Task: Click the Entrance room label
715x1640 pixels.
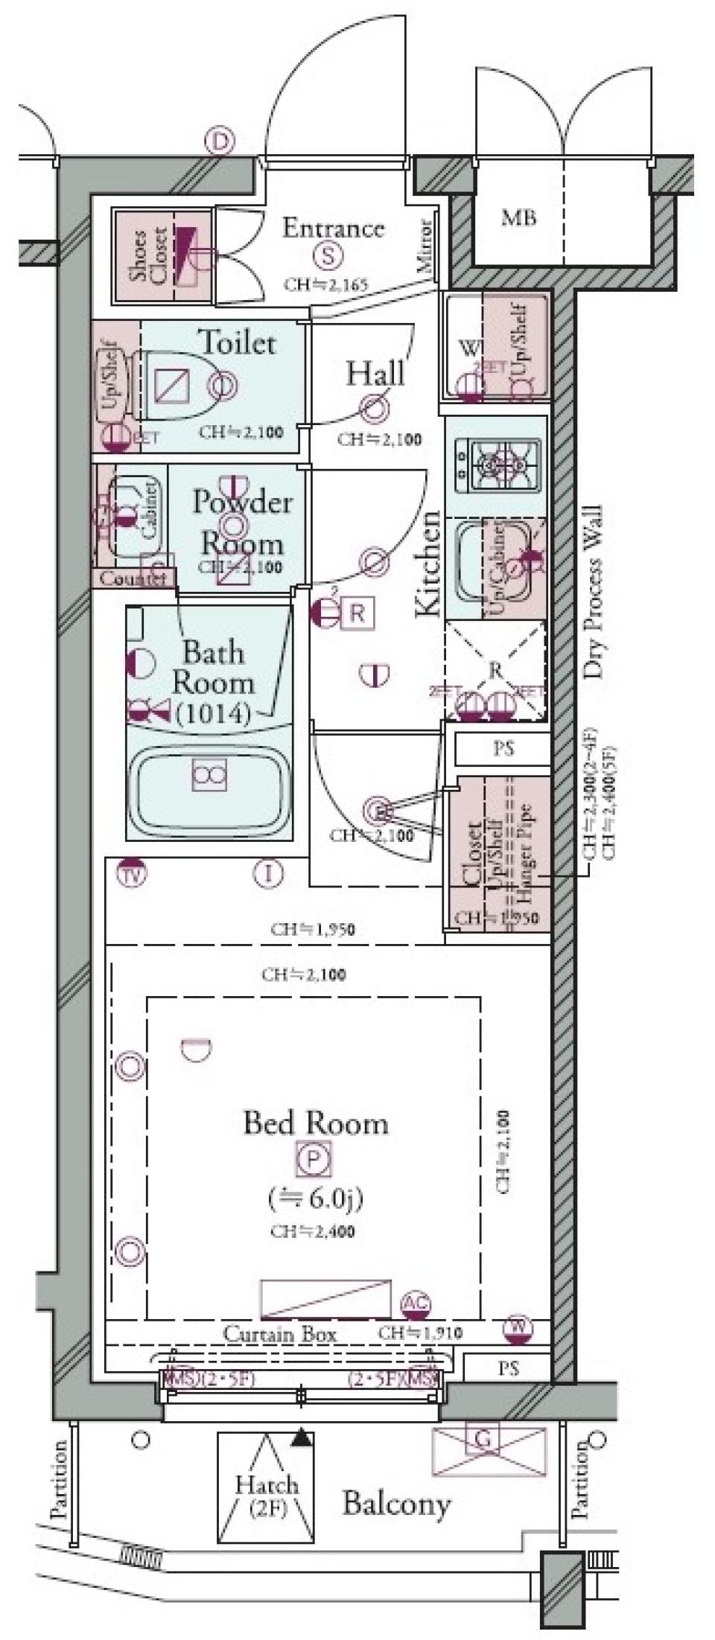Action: pyautogui.click(x=333, y=228)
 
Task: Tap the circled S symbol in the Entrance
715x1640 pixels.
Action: pyautogui.click(x=328, y=256)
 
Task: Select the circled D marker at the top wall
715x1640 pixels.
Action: pyautogui.click(x=219, y=140)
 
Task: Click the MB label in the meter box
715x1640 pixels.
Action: pyautogui.click(x=518, y=217)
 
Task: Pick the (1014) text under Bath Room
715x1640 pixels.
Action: pyautogui.click(x=213, y=715)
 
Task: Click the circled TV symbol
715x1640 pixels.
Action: pyautogui.click(x=133, y=872)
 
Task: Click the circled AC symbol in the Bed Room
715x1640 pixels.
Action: pyautogui.click(x=416, y=1304)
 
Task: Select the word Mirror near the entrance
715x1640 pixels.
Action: pyautogui.click(x=425, y=248)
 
